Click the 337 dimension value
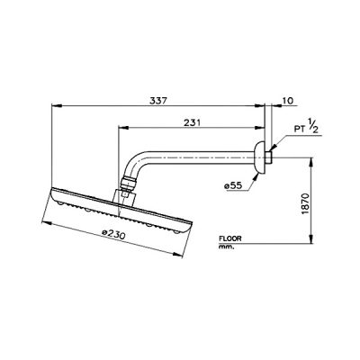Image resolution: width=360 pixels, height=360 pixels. coord(157,101)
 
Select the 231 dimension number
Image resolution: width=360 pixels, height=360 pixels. coord(192,122)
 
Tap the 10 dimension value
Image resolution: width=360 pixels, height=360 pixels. coord(288,101)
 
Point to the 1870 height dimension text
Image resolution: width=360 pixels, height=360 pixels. coord(305,204)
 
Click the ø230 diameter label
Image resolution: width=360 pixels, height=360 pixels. coord(113,234)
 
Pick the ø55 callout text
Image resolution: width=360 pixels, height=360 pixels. coord(233,186)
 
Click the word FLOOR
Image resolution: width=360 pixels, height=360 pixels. coord(230,238)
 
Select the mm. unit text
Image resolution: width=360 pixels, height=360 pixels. coord(226,247)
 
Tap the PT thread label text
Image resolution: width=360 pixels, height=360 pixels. coord(300,130)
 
